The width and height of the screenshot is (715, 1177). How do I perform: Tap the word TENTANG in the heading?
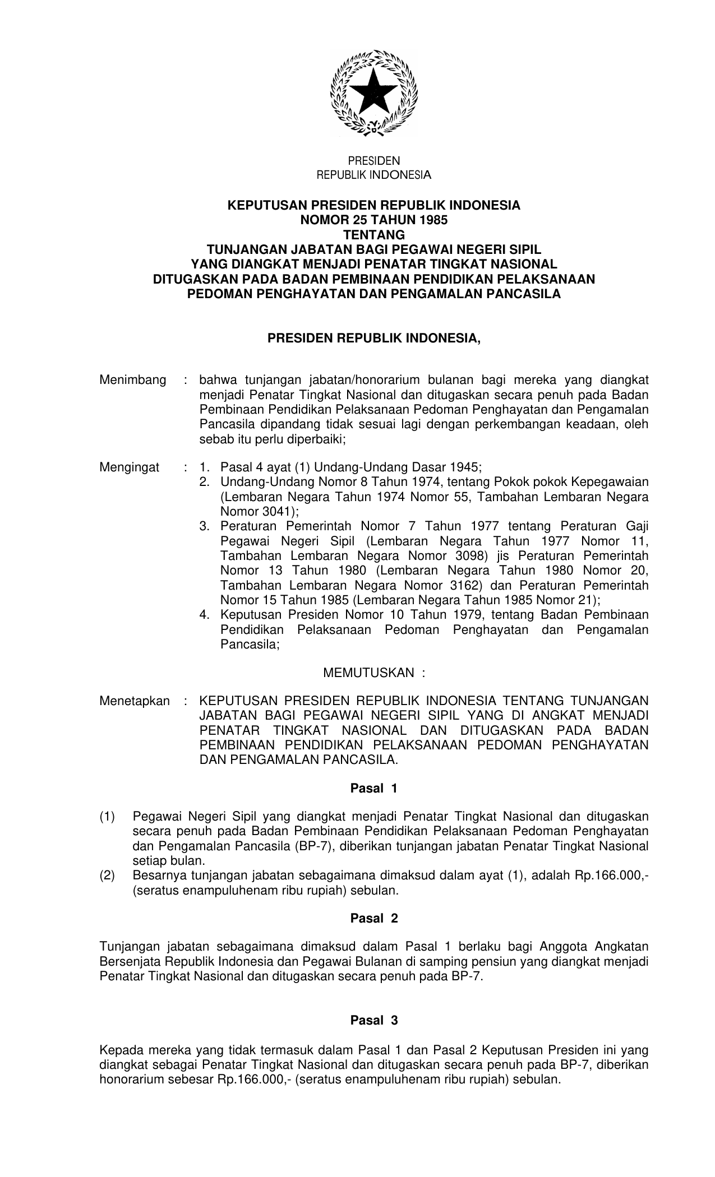(373, 234)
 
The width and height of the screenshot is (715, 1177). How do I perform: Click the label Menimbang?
(133, 380)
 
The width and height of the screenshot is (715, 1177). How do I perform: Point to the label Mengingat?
(129, 467)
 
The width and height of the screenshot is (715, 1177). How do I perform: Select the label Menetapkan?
(135, 701)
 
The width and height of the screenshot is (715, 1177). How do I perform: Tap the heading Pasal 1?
(373, 788)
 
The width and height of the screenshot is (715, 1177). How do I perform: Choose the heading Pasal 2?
(373, 919)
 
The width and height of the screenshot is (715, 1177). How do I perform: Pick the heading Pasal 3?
(373, 1020)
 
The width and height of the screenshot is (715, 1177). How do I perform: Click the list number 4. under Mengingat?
(205, 615)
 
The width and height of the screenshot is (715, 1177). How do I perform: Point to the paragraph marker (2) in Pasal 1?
(108, 875)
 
